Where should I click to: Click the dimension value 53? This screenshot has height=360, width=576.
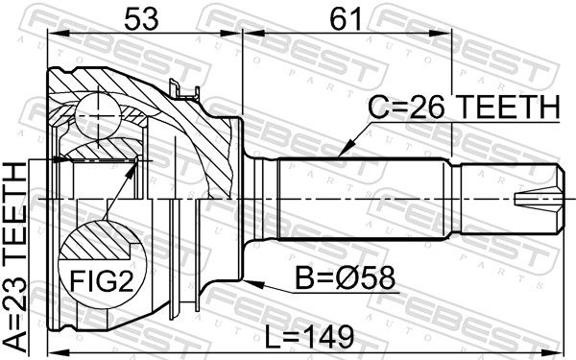(141, 19)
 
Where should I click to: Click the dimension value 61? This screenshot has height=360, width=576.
(346, 19)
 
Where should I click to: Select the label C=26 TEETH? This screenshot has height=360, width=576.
(464, 107)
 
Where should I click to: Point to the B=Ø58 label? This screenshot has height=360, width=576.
(346, 278)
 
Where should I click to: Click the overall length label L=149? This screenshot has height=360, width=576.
(309, 337)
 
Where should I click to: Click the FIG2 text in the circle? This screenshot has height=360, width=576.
(102, 280)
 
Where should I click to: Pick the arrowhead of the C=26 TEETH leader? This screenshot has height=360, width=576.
(345, 151)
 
